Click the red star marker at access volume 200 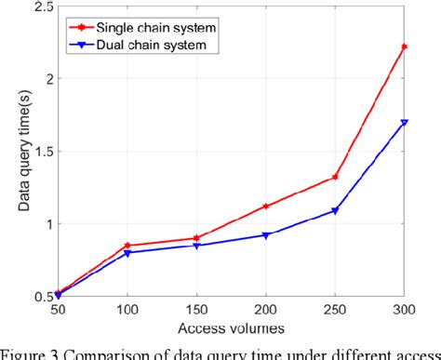(x=265, y=207)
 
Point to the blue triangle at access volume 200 (x=265, y=235)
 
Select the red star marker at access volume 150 (x=195, y=238)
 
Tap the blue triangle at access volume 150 (x=195, y=246)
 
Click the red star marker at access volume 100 (x=127, y=246)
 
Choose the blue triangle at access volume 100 (x=127, y=253)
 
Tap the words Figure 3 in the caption (x=37, y=352)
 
